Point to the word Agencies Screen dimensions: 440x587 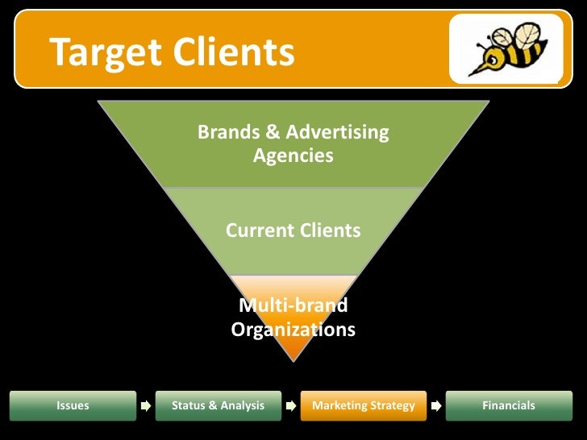tap(293, 156)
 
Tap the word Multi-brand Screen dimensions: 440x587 tap(293, 305)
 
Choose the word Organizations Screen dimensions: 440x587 tap(293, 330)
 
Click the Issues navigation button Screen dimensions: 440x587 tap(73, 405)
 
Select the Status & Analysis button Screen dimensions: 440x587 tap(218, 405)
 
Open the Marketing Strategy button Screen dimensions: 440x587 tap(363, 405)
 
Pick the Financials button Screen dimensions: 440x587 tap(508, 405)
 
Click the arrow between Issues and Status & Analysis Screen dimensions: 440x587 tap(145, 405)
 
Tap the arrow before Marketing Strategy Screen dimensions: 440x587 tap(290, 405)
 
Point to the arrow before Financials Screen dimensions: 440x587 tap(435, 405)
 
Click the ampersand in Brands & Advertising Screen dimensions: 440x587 tap(265, 132)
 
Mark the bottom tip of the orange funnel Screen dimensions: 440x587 tap(293, 359)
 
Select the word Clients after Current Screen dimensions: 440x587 tap(331, 230)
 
